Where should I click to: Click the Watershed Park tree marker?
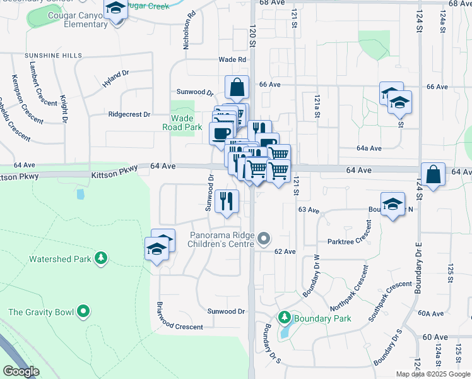100,258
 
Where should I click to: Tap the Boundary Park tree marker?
285,318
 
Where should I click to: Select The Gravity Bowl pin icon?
83,311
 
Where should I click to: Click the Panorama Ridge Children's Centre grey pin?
265,239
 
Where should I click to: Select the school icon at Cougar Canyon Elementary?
116,9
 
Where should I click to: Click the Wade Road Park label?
187,123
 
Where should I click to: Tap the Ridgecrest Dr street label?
129,114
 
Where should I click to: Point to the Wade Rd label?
232,59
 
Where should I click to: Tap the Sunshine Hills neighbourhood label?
54,56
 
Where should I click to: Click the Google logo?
21,371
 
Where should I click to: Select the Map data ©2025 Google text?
433,374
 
